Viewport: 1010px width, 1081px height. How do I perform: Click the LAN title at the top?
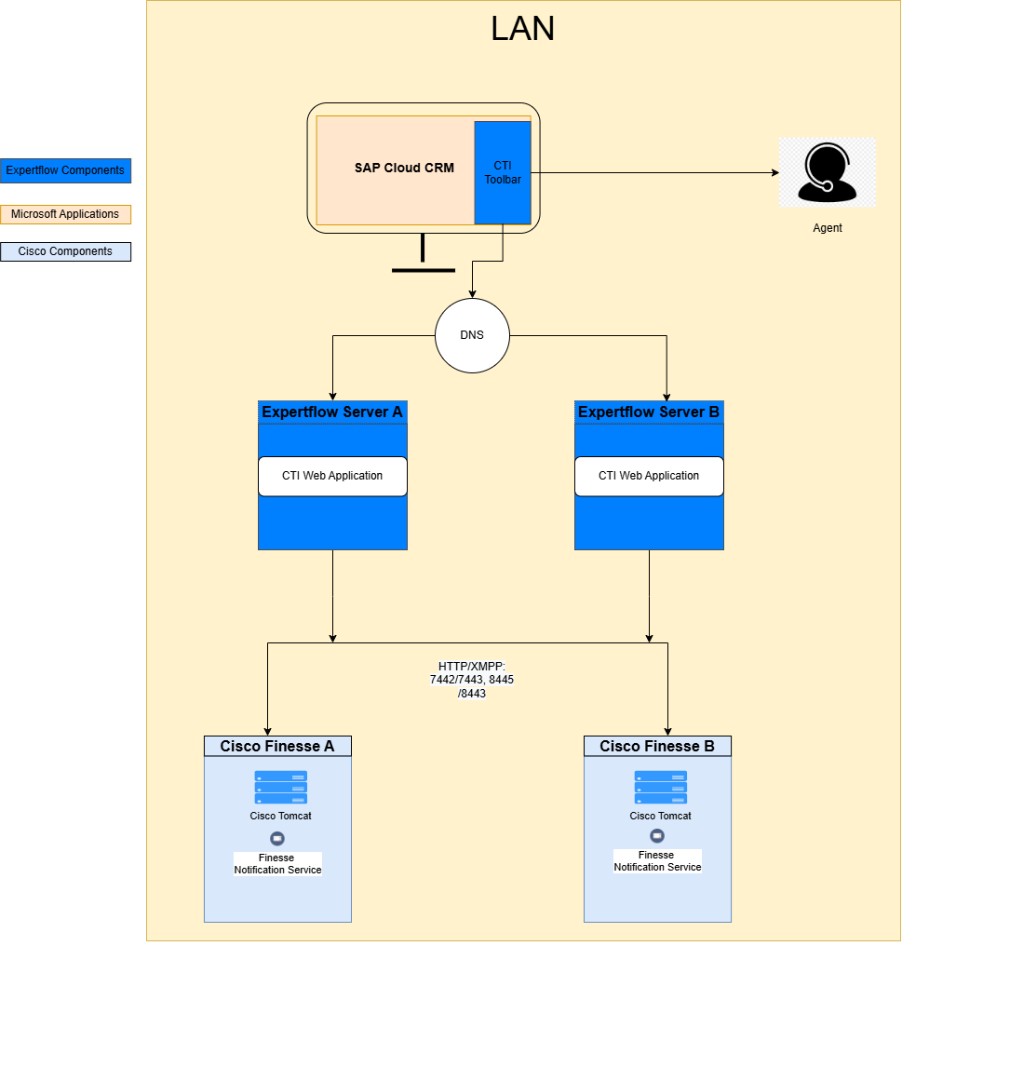point(522,29)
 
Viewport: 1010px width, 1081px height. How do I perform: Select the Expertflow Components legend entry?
point(65,170)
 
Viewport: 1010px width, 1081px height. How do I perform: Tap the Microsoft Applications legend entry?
point(65,214)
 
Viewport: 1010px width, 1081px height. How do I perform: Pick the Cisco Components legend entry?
point(65,251)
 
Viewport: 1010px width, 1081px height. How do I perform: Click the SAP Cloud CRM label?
point(404,169)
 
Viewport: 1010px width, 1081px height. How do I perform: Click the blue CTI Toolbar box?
point(503,173)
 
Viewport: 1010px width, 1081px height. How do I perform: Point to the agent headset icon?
point(827,173)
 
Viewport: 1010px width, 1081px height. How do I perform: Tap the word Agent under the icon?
point(827,228)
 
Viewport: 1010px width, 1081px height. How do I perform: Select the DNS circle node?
point(472,335)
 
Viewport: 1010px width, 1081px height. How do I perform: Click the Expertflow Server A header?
point(332,412)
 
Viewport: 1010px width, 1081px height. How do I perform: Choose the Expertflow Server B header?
point(649,412)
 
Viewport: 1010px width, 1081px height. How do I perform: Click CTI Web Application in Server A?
point(332,476)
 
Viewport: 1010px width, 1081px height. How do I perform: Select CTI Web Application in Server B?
point(649,476)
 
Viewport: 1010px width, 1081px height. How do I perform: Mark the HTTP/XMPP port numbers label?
point(472,680)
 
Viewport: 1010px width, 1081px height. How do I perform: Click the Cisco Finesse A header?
point(277,746)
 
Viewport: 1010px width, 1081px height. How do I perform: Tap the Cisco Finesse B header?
point(657,746)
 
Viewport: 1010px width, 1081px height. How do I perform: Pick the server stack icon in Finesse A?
point(281,787)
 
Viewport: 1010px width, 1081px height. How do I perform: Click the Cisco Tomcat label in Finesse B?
point(660,816)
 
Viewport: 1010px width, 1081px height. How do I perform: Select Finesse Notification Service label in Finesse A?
point(277,864)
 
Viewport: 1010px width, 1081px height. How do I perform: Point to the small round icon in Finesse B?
point(657,836)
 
